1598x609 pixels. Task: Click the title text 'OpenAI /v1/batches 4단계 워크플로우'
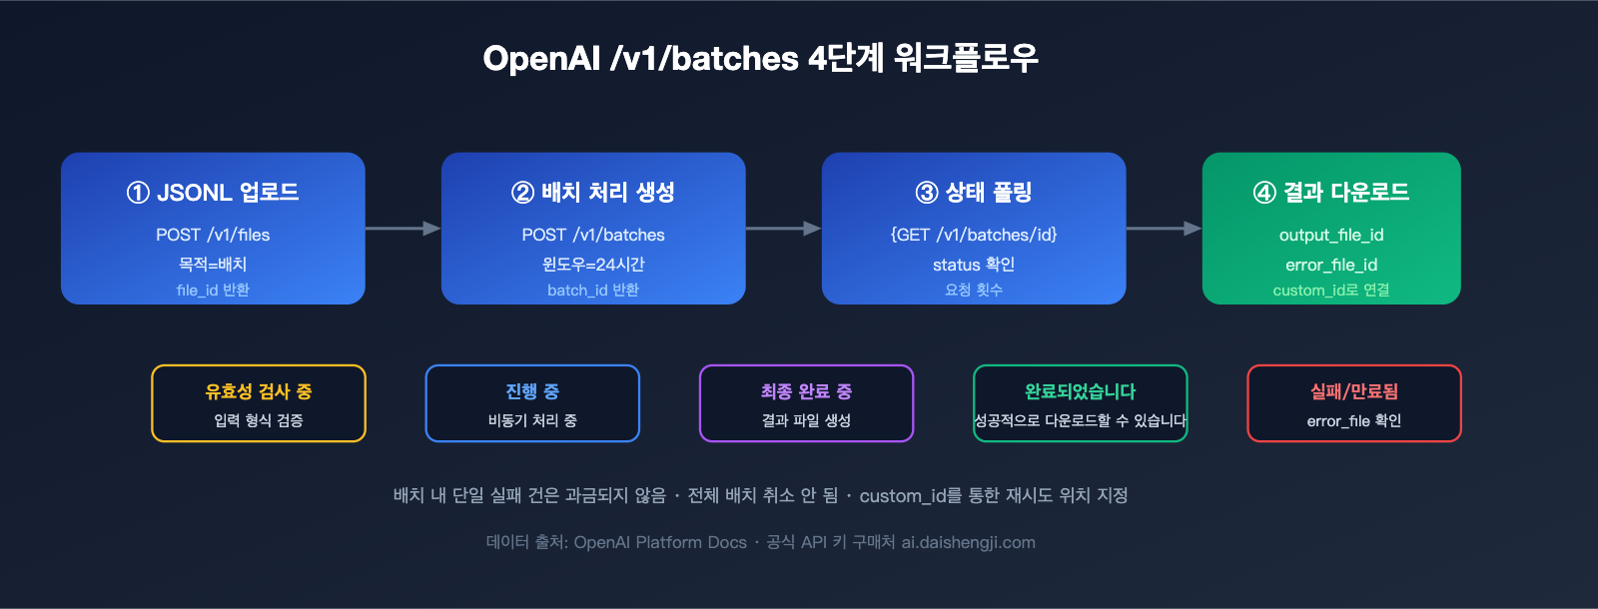(x=760, y=58)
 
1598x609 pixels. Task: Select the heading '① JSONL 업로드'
(x=213, y=192)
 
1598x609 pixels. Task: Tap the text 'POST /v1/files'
(x=213, y=235)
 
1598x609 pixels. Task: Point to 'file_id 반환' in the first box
(x=213, y=290)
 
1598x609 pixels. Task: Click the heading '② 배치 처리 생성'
(x=593, y=192)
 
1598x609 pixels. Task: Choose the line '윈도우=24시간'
(x=593, y=264)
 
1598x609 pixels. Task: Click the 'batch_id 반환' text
(x=593, y=290)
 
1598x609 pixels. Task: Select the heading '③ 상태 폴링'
(x=974, y=192)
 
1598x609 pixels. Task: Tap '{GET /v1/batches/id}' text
(x=974, y=235)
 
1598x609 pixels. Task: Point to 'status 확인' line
(x=974, y=264)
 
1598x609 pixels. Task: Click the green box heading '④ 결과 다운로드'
(x=1331, y=192)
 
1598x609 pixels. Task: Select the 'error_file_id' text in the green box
(x=1331, y=265)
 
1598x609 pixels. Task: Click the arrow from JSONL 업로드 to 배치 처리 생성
(x=402, y=229)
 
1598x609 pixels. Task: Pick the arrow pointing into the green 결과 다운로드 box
(x=1164, y=229)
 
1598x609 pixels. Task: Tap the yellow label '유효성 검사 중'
(x=259, y=391)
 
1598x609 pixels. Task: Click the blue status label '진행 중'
(x=532, y=391)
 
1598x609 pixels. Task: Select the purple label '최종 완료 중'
(x=806, y=391)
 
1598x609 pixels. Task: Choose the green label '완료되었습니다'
(x=1080, y=391)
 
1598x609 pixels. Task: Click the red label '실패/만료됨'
(x=1353, y=391)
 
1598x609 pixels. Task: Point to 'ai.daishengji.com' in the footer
(x=968, y=542)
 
